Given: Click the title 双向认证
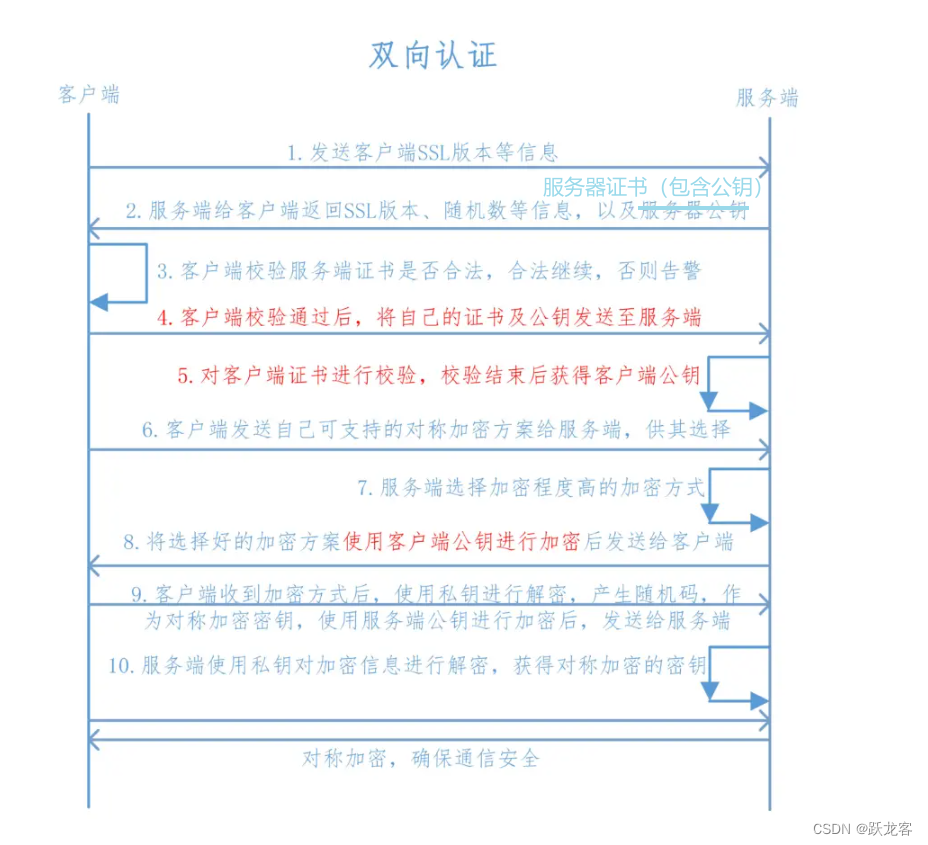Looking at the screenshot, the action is pyautogui.click(x=432, y=55).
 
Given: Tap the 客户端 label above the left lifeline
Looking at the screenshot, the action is pyautogui.click(x=88, y=95).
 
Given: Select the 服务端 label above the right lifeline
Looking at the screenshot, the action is pyautogui.click(x=767, y=98).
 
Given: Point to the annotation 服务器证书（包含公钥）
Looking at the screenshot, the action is pyautogui.click(x=653, y=187).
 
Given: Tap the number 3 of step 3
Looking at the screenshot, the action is pyautogui.click(x=163, y=272).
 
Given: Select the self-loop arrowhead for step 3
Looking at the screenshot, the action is pyautogui.click(x=98, y=302).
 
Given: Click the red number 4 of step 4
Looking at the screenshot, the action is pyautogui.click(x=164, y=318).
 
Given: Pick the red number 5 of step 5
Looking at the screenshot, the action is pyautogui.click(x=184, y=376).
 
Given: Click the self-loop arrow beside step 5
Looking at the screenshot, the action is pyautogui.click(x=738, y=384).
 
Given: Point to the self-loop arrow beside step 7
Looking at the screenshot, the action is pyautogui.click(x=738, y=496).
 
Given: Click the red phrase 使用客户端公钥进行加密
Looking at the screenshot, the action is pyautogui.click(x=462, y=542).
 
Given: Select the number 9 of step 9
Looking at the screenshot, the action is pyautogui.click(x=139, y=594).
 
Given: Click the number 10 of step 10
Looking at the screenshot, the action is pyautogui.click(x=121, y=666).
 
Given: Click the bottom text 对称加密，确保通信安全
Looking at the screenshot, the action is pyautogui.click(x=420, y=758).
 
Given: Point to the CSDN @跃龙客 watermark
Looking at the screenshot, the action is pyautogui.click(x=862, y=829).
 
